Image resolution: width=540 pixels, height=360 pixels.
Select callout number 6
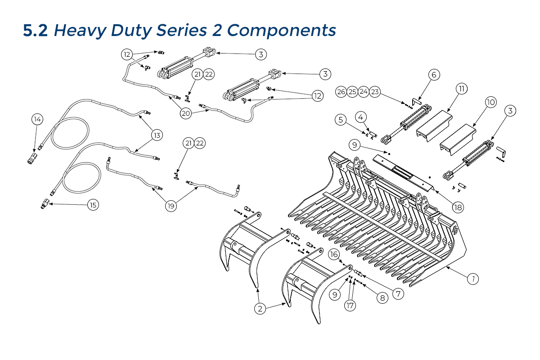tap(434, 75)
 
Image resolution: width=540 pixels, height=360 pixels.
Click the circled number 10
tap(490, 103)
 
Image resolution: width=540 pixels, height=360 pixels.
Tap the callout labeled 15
tap(93, 205)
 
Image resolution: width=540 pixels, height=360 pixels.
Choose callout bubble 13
tap(157, 135)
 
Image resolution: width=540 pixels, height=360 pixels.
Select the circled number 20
tap(186, 113)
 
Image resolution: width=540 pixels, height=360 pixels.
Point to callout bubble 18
tap(458, 207)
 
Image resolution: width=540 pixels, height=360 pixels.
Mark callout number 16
tap(333, 255)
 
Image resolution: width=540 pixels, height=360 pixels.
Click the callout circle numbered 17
tap(350, 306)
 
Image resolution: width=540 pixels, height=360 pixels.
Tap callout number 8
tap(382, 297)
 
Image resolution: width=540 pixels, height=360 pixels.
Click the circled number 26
tap(341, 92)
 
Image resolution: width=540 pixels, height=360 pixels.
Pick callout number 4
tap(361, 117)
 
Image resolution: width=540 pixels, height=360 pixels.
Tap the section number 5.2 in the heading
tap(36, 30)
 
